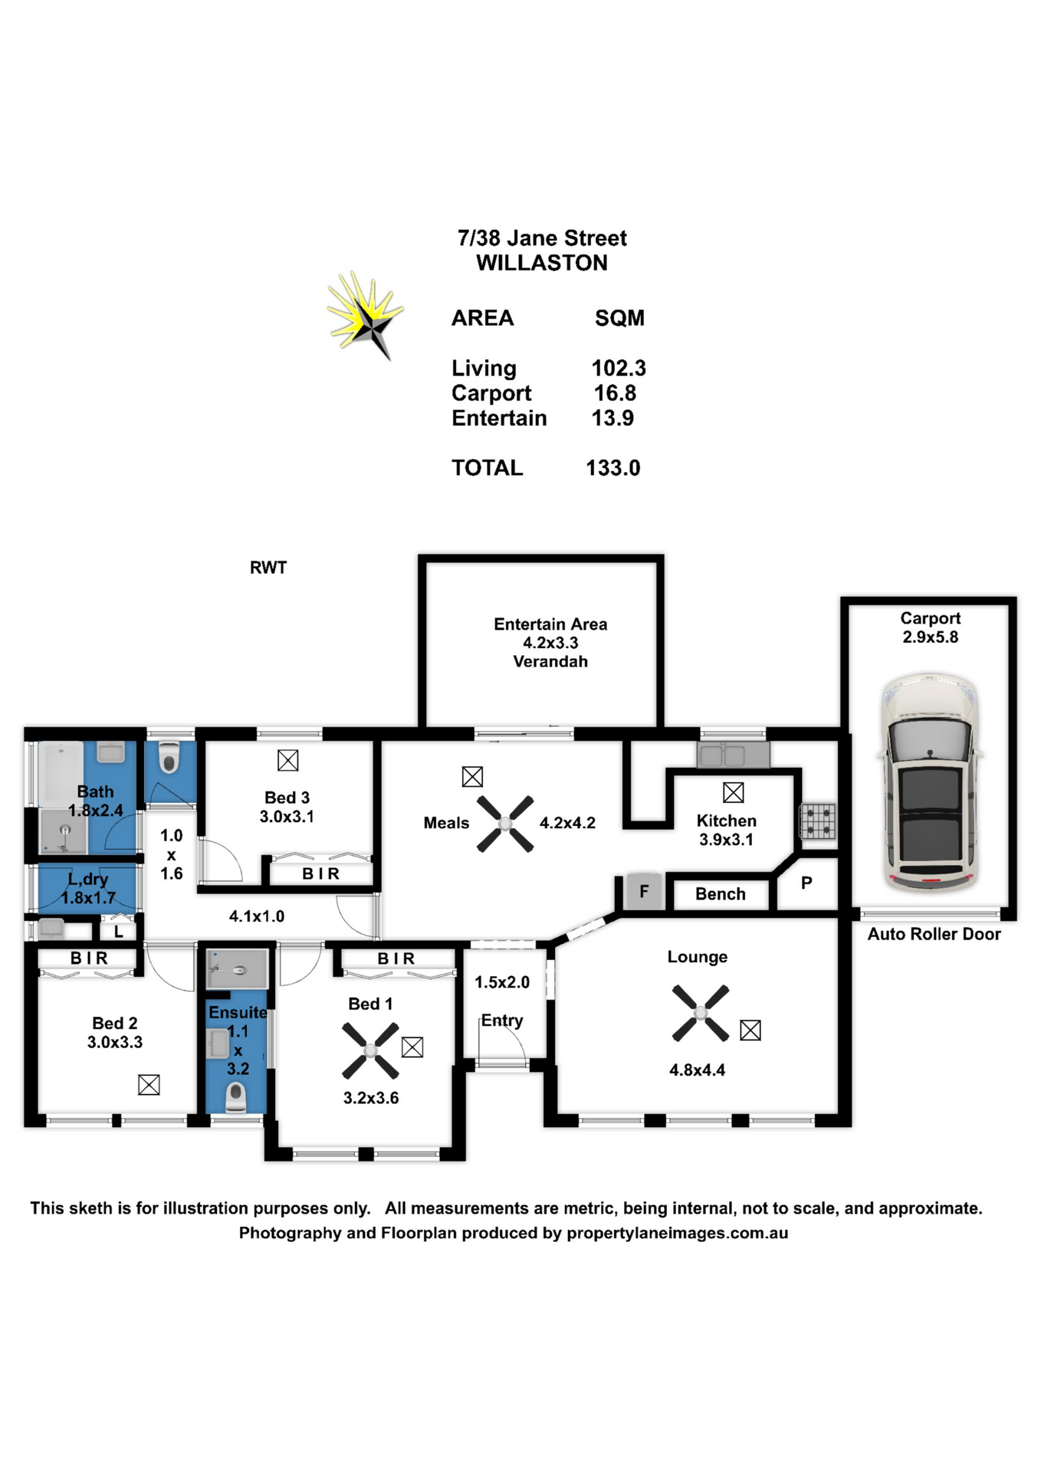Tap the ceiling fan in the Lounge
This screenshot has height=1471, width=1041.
tap(700, 1013)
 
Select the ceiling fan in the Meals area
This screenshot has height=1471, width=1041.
tap(505, 824)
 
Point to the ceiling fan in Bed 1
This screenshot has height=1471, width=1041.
tap(370, 1051)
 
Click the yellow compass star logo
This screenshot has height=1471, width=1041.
tap(365, 315)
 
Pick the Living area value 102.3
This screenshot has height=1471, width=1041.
tap(619, 369)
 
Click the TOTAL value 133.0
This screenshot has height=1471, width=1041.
tap(613, 468)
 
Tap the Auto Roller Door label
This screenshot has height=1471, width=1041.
tap(934, 934)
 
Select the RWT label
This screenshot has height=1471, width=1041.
tap(268, 568)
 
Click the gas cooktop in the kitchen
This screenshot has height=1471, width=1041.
tap(818, 821)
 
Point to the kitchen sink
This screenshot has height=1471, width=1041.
tap(733, 755)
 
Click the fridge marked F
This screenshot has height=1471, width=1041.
tap(644, 891)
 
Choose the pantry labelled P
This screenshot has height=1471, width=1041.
tap(806, 883)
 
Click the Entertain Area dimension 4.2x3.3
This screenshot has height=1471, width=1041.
tap(550, 643)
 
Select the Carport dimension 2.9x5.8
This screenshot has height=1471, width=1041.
tap(930, 637)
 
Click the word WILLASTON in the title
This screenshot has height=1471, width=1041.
tap(542, 263)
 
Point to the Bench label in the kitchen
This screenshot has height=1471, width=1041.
tap(721, 894)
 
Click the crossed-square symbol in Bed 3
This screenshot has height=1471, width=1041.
tap(287, 761)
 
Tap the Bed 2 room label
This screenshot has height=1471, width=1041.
tap(115, 1024)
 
